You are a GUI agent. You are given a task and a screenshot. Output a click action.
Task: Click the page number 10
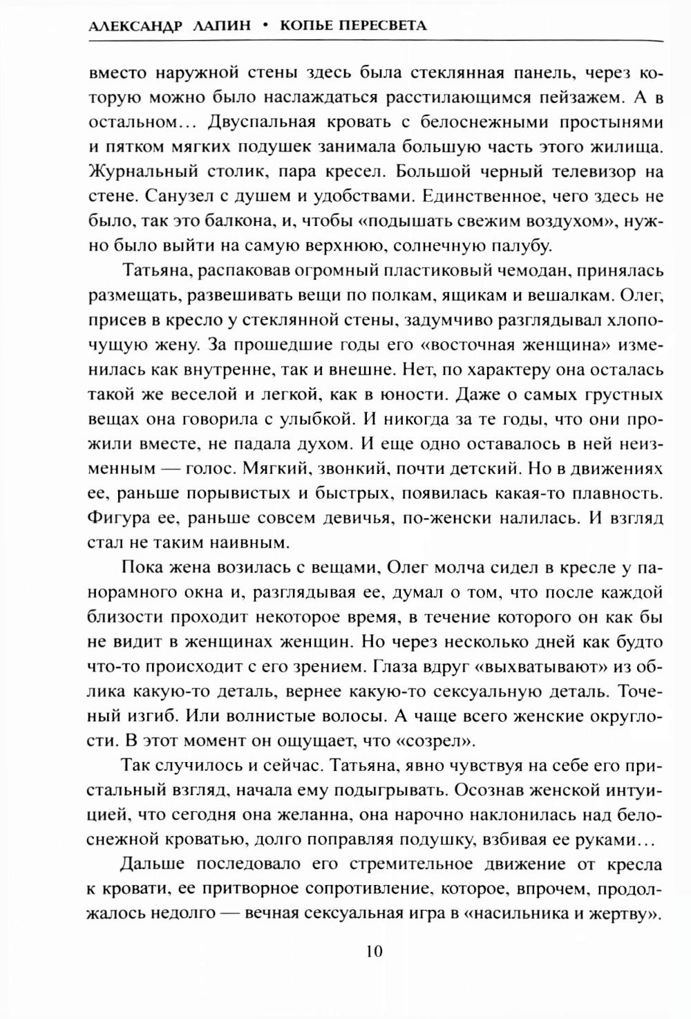pos(374,951)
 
